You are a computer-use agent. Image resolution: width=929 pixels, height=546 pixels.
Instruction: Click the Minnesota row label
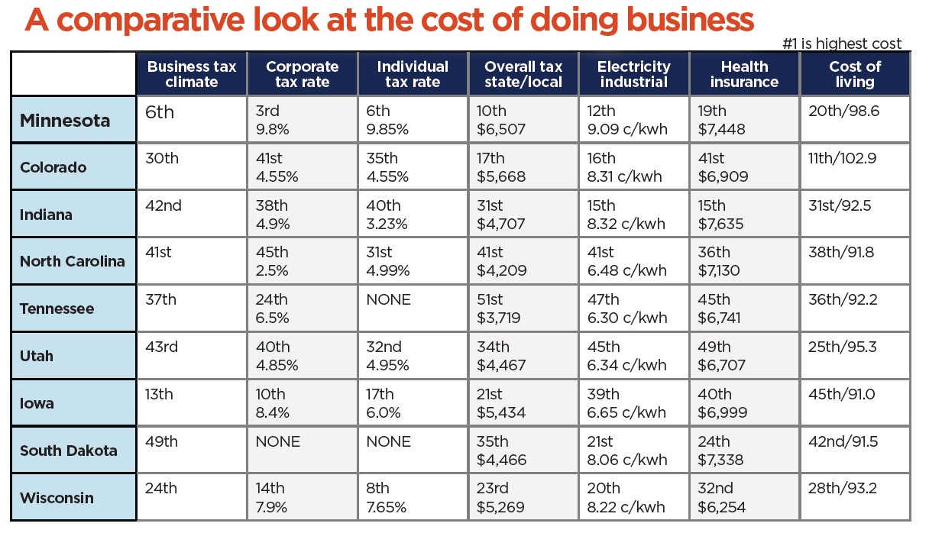tap(65, 120)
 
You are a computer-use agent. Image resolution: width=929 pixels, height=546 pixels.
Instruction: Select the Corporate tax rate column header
tap(302, 74)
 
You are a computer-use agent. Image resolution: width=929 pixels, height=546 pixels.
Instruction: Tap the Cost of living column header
tap(855, 74)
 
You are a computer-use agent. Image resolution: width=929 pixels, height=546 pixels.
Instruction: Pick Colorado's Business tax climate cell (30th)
tap(191, 167)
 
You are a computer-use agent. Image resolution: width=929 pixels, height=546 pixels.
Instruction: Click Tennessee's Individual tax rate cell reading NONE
tap(413, 308)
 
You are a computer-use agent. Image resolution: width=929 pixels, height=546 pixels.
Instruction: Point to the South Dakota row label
tap(69, 450)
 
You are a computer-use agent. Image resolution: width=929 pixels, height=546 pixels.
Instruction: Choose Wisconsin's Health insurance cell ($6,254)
tap(744, 497)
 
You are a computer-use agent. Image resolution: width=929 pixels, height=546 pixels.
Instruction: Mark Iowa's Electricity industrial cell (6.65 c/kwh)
tap(633, 402)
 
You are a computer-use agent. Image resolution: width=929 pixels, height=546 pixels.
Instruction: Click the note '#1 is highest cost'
tap(842, 44)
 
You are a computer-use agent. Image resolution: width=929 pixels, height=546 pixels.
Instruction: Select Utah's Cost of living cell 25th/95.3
tap(855, 355)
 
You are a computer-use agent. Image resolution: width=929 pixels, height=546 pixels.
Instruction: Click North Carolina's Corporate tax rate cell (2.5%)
tap(302, 260)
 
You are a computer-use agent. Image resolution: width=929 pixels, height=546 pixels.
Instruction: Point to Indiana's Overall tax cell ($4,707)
tap(523, 215)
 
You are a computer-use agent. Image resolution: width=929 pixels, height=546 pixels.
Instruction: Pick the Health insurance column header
tap(744, 74)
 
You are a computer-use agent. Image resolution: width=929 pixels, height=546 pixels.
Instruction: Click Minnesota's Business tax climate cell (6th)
tap(191, 118)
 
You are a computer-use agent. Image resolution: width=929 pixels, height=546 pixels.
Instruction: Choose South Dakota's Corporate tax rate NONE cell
tap(302, 450)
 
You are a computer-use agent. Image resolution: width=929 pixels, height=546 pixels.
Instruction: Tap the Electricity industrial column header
tap(633, 74)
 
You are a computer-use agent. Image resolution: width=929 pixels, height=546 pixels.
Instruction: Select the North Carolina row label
tap(72, 261)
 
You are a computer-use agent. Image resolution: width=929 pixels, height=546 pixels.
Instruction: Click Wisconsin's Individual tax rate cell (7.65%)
tap(413, 497)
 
